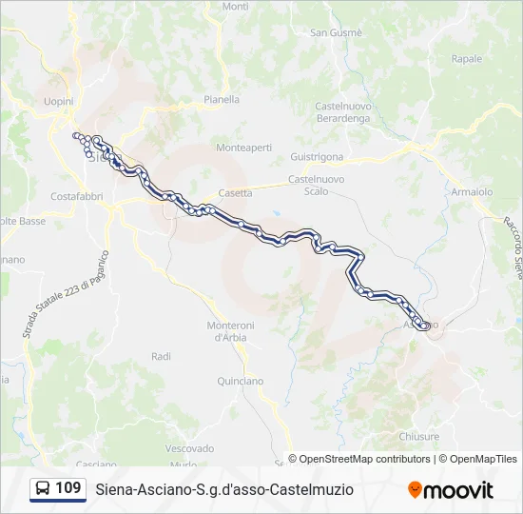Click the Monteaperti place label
point(243,148)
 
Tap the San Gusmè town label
point(336,32)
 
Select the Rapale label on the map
point(467,58)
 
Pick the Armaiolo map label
point(472,191)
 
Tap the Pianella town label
point(222,98)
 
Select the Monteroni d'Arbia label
point(230,330)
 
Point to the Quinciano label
point(240,381)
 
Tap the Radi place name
point(161,356)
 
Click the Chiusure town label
point(419,436)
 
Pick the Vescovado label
point(189,447)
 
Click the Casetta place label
point(235,192)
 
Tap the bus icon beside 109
point(43,489)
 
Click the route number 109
point(68,488)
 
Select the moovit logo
point(451,490)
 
